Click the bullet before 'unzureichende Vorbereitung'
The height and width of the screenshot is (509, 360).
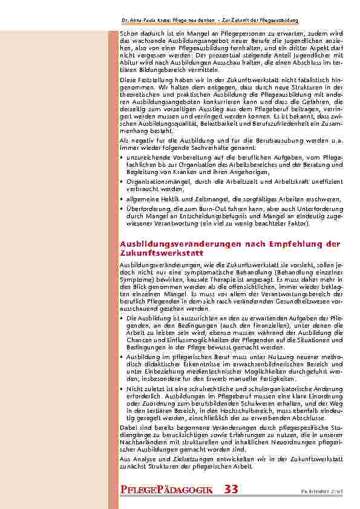click(x=122, y=157)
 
